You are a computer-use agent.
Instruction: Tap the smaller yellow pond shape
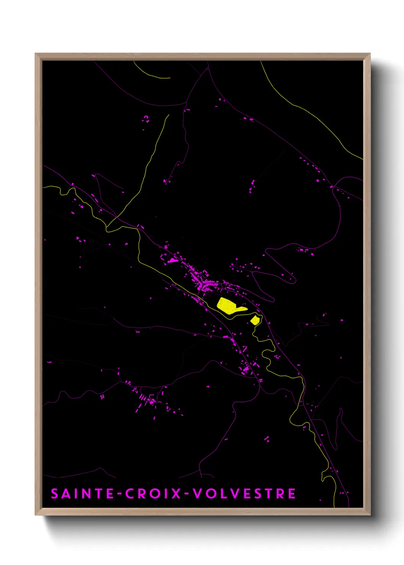[x=255, y=320]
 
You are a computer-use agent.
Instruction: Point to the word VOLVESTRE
[x=244, y=494]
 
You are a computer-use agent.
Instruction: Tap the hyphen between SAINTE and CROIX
[x=120, y=494]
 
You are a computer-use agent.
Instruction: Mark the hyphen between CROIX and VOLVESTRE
[x=187, y=494]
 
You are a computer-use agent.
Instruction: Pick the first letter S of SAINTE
[x=55, y=494]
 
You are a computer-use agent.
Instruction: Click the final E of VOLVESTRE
[x=292, y=494]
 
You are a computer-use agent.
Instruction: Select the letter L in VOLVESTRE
[x=221, y=494]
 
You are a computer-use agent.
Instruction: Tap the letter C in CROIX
[x=130, y=494]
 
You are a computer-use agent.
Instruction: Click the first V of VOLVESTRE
[x=197, y=494]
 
